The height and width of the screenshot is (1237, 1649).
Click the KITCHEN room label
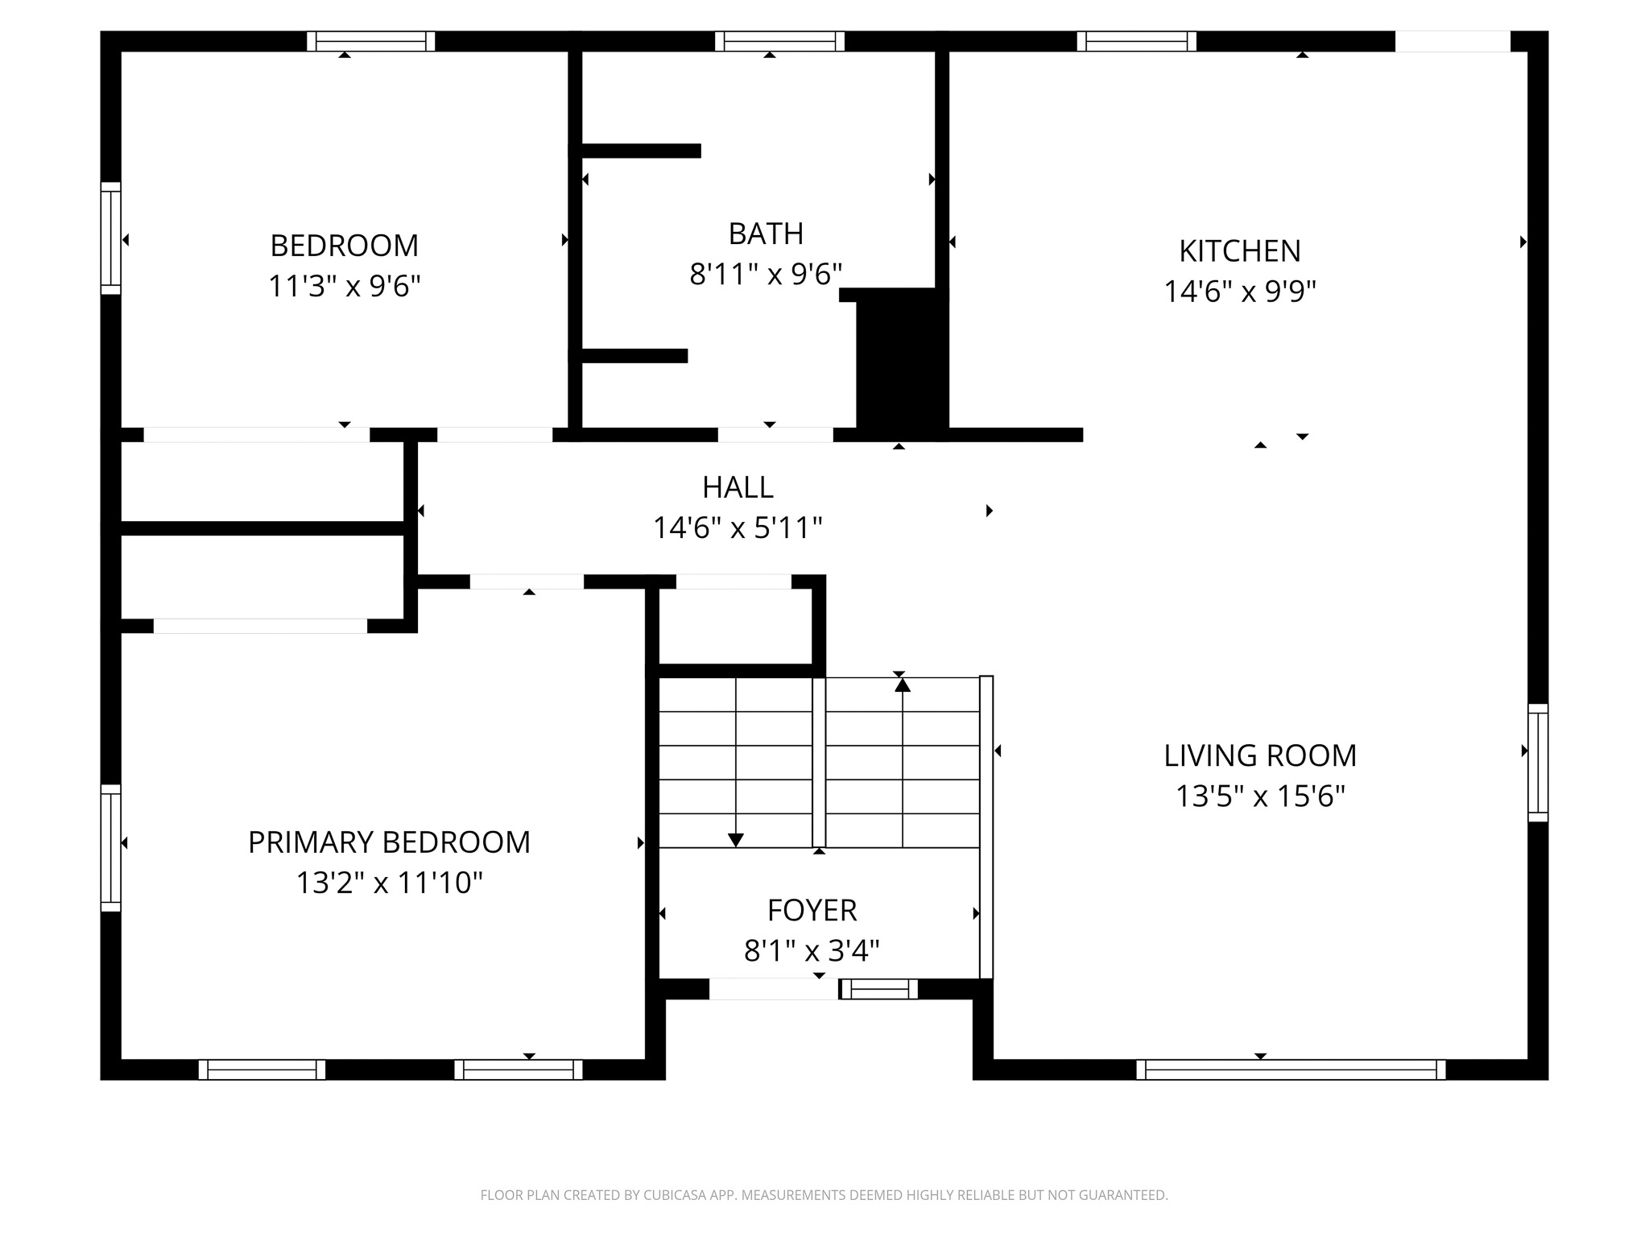click(1239, 251)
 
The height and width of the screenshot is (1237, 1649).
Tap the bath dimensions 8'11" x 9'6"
click(766, 275)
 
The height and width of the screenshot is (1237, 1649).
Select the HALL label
click(738, 487)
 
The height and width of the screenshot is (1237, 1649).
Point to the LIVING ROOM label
click(1260, 755)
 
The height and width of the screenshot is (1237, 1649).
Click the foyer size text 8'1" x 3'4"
click(812, 951)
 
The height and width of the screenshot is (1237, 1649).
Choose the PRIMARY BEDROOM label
click(389, 842)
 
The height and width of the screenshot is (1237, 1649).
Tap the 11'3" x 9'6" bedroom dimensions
click(345, 286)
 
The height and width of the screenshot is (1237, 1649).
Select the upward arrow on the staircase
click(903, 685)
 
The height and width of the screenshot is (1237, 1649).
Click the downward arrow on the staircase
click(735, 839)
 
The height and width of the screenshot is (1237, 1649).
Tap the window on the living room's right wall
click(1538, 763)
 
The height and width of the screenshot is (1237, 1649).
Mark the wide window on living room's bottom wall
click(1291, 1069)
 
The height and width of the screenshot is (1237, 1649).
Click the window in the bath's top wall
click(779, 41)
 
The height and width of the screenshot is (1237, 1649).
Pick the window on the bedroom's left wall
click(110, 238)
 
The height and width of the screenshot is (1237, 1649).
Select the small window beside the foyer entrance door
click(878, 989)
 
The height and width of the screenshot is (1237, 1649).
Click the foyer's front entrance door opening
click(773, 989)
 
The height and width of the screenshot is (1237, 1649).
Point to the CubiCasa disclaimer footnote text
click(824, 1195)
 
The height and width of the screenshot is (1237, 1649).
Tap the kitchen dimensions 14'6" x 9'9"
click(1239, 292)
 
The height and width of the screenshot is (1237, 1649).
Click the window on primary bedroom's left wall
click(110, 848)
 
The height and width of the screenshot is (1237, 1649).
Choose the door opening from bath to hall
click(775, 435)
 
